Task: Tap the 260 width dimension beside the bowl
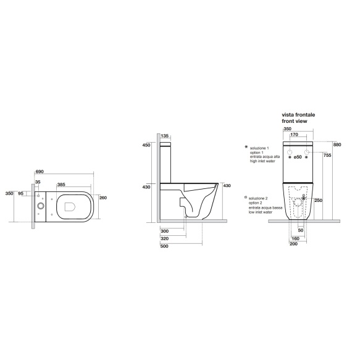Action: click(x=103, y=198)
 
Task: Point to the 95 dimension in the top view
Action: click(x=21, y=193)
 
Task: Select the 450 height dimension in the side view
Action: click(x=146, y=146)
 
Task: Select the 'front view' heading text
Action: click(x=295, y=122)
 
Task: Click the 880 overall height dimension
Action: click(x=337, y=145)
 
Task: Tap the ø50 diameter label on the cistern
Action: click(x=297, y=157)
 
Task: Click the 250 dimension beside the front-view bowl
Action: click(x=318, y=201)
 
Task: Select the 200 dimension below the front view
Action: click(x=293, y=244)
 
